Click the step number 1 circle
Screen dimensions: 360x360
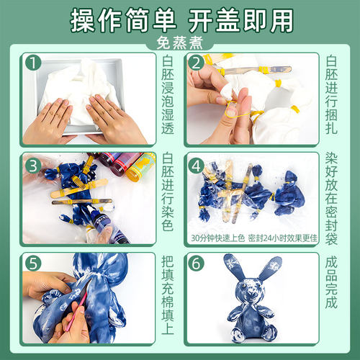click(32, 63)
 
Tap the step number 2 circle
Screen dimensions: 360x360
click(195, 63)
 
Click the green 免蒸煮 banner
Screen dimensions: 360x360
click(179, 42)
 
